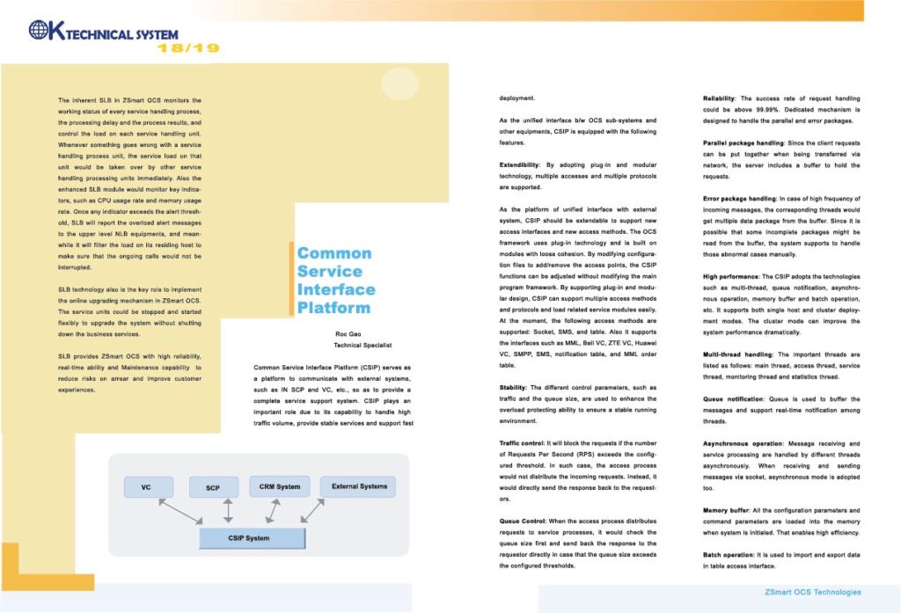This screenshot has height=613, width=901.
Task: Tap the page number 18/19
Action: click(x=188, y=47)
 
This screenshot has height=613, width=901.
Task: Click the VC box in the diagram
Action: click(x=145, y=486)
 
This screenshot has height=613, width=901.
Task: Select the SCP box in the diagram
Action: click(x=213, y=487)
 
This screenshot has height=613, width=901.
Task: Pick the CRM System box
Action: click(x=280, y=486)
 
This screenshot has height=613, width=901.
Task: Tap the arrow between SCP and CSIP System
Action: click(x=229, y=511)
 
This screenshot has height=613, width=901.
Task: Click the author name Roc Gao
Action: click(x=349, y=335)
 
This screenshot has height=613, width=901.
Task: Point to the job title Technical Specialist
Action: click(x=349, y=346)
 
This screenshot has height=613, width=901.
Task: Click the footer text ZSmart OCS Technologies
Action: click(x=812, y=592)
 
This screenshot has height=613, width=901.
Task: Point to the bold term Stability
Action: click(x=514, y=387)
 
